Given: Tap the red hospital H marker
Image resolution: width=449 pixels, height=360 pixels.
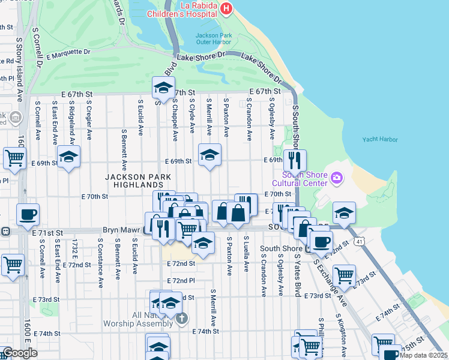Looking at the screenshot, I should point(226,8).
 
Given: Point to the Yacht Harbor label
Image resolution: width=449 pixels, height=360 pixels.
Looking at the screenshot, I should point(380,139).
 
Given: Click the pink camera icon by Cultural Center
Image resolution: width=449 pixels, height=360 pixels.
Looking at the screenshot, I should point(337,178).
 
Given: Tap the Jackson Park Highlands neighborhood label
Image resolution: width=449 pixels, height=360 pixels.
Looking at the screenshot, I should point(138,182).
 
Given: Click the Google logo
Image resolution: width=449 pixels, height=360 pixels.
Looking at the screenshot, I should point(19,353).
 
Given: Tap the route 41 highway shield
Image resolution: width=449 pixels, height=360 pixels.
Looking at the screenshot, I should point(359,241).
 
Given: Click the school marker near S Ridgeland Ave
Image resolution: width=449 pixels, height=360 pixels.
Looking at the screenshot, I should point(69,157).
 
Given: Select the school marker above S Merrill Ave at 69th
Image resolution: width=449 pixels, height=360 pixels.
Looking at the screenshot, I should point(209,155).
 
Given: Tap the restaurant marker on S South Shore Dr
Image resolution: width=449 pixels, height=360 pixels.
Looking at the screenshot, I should point(295,160).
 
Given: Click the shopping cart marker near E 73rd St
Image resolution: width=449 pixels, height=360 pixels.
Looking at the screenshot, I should point(344,276).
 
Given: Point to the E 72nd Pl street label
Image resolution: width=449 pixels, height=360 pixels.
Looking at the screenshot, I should point(181,281).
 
